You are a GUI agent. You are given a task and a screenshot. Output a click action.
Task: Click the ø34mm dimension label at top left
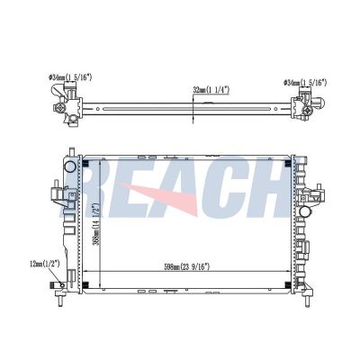(x=70, y=77)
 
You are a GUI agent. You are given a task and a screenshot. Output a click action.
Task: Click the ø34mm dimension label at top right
(x=305, y=83)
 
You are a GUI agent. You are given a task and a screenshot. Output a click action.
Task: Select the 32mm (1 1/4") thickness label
(x=211, y=89)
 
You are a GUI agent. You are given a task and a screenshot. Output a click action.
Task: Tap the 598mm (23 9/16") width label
(x=187, y=266)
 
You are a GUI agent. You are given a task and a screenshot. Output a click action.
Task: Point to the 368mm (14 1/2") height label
(x=96, y=224)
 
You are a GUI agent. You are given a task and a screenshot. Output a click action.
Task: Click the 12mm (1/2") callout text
(x=45, y=264)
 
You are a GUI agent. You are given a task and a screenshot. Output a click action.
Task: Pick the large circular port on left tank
(x=70, y=166)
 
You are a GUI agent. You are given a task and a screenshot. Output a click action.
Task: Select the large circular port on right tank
(x=305, y=211)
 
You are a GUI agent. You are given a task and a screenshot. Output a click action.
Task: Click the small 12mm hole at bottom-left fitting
(x=62, y=285)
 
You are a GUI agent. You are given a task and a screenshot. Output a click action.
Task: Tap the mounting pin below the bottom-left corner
(x=60, y=300)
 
